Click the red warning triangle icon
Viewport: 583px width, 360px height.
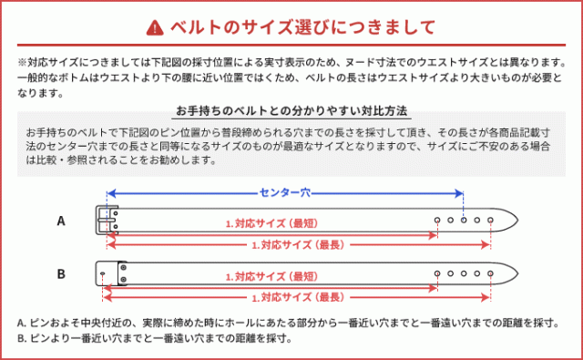pos(155,27)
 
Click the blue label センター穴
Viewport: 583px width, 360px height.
pos(285,192)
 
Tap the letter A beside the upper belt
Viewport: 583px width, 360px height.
pos(61,221)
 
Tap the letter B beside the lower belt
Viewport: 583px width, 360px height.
pos(61,274)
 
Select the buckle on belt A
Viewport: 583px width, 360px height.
pos(107,221)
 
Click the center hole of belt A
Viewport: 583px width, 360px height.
pos(464,221)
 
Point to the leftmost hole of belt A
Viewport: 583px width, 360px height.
pos(437,221)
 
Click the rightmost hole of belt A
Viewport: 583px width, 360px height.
pos(490,221)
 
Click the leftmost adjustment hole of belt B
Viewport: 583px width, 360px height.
pos(437,273)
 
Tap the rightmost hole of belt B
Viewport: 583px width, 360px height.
pos(490,273)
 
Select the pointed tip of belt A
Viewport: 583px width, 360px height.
pos(517,221)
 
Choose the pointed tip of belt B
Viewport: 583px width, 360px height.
pos(517,273)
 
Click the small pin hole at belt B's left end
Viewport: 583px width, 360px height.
pos(103,274)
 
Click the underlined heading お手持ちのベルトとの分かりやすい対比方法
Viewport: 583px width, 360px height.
pos(291,111)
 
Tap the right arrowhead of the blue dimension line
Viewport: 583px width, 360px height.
pos(459,193)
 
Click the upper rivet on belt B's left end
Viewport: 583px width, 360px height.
pos(124,267)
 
